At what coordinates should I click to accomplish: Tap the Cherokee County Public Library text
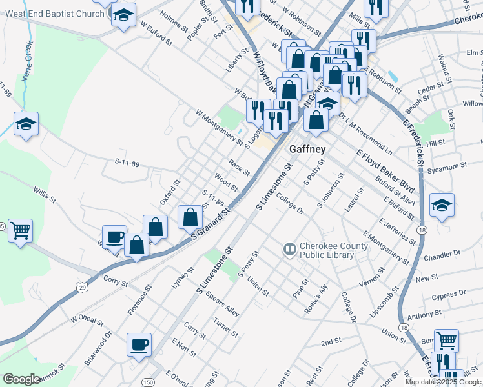[x=333, y=250]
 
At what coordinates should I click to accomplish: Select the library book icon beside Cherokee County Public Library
[x=289, y=247]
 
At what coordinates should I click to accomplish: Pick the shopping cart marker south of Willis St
[x=20, y=229]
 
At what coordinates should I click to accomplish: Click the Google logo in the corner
[x=21, y=379]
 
